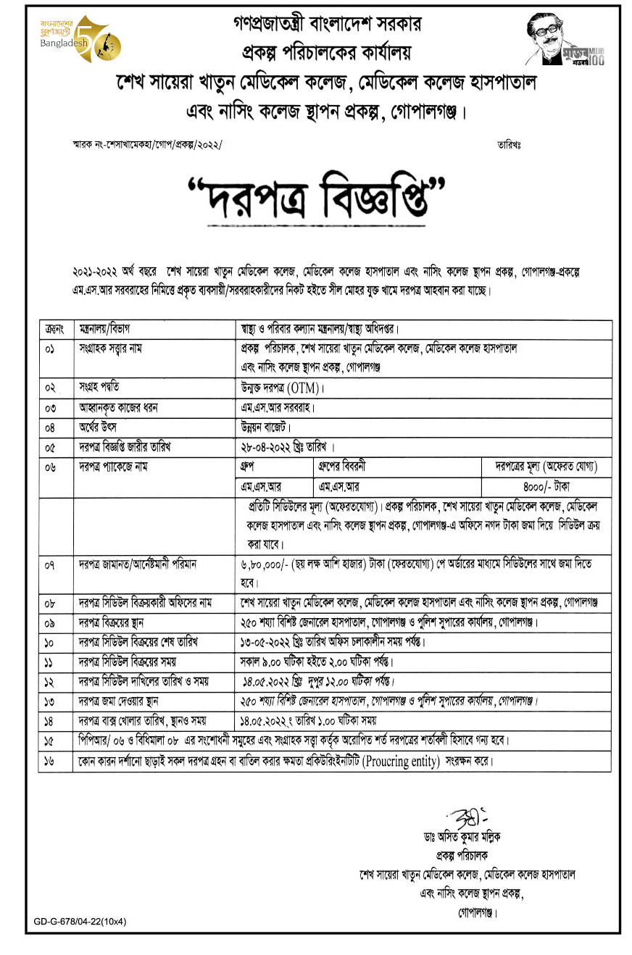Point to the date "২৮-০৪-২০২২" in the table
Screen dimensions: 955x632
pos(266,446)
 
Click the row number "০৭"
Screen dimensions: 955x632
pos(50,564)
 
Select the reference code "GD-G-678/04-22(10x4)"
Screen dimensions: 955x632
pos(80,922)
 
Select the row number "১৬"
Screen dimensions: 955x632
pos(50,762)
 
